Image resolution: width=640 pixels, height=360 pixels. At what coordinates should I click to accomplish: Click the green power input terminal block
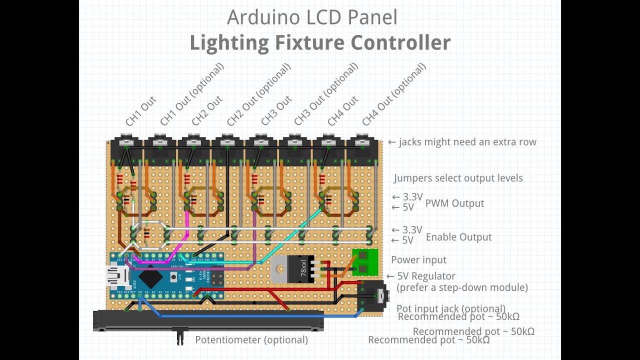click(x=365, y=262)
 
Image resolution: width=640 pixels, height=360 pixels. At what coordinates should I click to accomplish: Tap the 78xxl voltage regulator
click(x=295, y=270)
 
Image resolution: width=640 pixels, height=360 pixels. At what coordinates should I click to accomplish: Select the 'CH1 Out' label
click(x=140, y=111)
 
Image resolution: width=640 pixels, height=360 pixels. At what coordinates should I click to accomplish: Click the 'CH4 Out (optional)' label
click(x=393, y=94)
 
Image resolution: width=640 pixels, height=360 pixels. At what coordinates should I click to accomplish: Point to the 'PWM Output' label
click(x=454, y=203)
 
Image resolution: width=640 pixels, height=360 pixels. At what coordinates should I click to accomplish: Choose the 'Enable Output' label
click(x=458, y=237)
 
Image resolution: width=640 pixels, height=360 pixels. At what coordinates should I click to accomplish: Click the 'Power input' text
click(x=418, y=260)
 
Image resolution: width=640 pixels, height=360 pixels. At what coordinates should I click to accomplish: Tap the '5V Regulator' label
click(x=426, y=276)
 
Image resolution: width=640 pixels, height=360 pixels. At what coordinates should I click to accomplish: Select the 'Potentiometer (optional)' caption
click(x=251, y=340)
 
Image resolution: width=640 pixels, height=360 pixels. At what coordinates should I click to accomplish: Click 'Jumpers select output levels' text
click(x=458, y=178)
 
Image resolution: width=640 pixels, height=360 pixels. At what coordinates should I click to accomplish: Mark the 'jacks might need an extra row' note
click(x=467, y=142)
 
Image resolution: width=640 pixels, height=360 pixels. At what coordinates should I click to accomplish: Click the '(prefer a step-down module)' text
click(x=462, y=287)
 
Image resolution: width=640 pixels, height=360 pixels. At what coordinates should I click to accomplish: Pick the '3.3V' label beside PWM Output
click(x=413, y=197)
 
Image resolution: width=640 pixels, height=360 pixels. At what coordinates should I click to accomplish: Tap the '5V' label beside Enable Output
click(x=408, y=240)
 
